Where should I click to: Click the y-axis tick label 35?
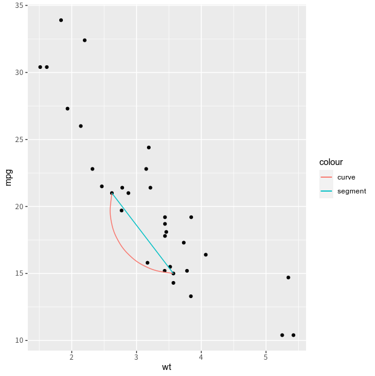(x=20, y=5)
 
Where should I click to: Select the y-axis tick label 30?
(x=20, y=73)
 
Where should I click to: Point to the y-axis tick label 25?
(x=20, y=140)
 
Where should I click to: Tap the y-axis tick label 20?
(x=20, y=207)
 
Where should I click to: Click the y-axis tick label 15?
(x=20, y=273)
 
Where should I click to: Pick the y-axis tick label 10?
(x=20, y=340)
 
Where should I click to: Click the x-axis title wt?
(x=166, y=368)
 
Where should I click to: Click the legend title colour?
(x=331, y=162)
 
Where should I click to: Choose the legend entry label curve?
(x=346, y=177)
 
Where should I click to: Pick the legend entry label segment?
(x=351, y=191)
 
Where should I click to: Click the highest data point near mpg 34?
(x=61, y=20)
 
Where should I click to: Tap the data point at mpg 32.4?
(x=85, y=41)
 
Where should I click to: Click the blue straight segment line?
(x=142, y=233)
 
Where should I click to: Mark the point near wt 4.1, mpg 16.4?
(x=206, y=254)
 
